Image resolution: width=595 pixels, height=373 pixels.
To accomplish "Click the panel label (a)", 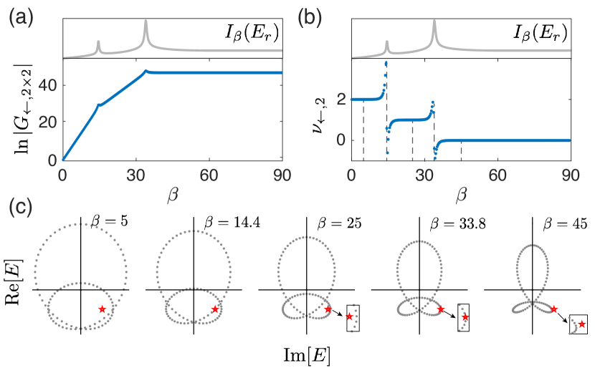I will click(21, 19).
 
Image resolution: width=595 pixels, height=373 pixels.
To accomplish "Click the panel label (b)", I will click(310, 19).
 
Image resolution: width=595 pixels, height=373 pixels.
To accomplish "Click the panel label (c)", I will click(21, 207).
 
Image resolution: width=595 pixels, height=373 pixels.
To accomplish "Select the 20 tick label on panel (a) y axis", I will click(45, 122).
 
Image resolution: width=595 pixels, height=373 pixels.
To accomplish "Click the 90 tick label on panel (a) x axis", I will click(282, 175).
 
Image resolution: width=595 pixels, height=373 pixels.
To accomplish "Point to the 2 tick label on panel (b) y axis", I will click(341, 100).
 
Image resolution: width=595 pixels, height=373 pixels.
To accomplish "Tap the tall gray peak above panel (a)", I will click(146, 29).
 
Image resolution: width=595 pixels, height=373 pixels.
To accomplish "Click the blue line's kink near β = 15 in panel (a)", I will click(100, 105).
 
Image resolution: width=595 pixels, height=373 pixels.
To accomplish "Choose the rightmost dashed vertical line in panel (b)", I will click(461, 150).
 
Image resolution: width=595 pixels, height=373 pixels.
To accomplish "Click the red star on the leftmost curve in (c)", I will click(103, 309).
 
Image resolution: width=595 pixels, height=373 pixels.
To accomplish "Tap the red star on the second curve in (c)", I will click(215, 309).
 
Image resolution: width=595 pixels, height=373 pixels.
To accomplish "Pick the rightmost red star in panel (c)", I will click(581, 324).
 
